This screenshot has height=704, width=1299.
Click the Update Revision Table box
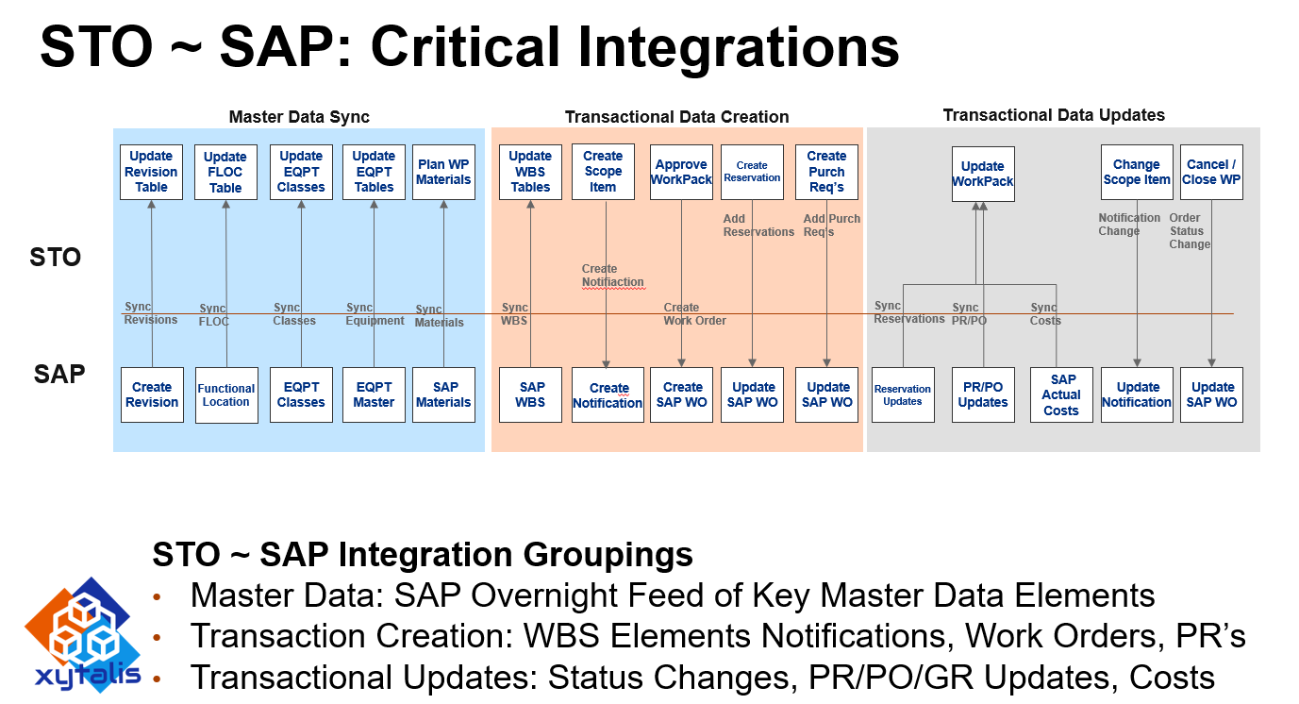click(151, 172)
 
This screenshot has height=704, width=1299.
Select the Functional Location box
click(226, 394)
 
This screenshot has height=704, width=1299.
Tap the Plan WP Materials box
click(443, 172)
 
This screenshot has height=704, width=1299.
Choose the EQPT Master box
click(374, 394)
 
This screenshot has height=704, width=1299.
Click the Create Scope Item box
click(603, 172)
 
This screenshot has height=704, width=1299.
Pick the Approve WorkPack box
click(681, 172)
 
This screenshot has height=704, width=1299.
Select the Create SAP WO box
click(681, 394)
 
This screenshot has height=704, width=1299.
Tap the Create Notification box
click(608, 394)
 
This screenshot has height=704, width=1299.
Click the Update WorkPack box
click(983, 174)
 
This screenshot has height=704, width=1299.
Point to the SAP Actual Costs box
click(1061, 394)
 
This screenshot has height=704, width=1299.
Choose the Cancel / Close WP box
click(1211, 172)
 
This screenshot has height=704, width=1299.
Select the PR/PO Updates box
click(983, 394)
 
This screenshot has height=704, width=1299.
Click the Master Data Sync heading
click(299, 117)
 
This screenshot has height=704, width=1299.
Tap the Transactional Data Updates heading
click(1054, 115)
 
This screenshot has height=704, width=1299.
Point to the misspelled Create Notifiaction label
click(612, 276)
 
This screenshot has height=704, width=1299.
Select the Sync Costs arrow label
click(1045, 314)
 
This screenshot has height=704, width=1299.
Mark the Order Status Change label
click(1190, 231)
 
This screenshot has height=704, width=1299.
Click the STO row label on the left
click(56, 258)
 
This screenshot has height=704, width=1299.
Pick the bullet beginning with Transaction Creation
click(717, 636)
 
